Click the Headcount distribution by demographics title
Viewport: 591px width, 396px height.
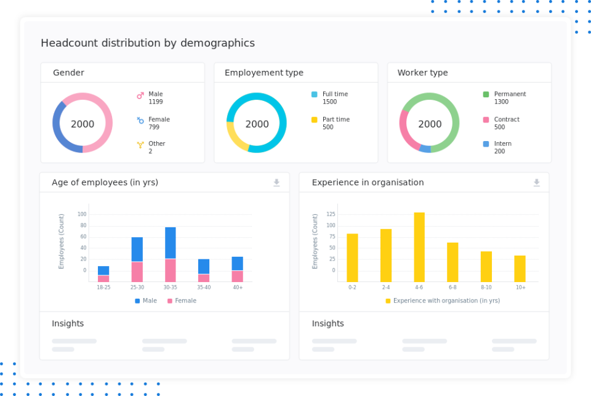(148, 43)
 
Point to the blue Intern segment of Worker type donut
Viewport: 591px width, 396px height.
(425, 148)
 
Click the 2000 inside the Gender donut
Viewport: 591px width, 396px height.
(82, 124)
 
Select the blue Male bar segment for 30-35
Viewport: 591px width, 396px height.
(171, 243)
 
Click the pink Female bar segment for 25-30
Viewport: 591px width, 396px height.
(137, 272)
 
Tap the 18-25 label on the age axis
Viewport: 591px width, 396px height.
(103, 288)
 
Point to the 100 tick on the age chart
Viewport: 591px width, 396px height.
(82, 214)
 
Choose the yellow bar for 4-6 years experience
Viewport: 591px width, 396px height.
(419, 246)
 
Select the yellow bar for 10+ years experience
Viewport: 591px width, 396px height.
(520, 269)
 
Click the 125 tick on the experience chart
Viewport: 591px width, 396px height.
(331, 214)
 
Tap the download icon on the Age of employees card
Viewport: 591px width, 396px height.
(276, 182)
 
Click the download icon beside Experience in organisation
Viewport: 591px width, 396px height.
(536, 182)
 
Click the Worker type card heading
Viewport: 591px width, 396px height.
(422, 73)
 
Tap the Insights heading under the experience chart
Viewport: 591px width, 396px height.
(328, 324)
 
